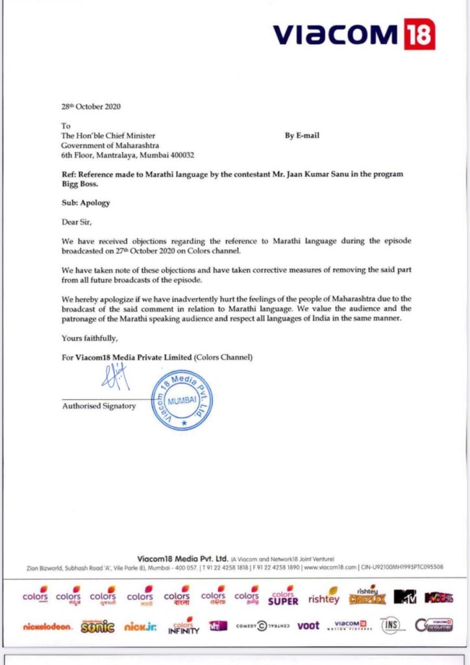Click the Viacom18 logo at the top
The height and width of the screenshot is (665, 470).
pos(353,34)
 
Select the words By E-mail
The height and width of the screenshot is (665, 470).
pos(302,136)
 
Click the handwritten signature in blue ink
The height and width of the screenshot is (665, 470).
pos(116,377)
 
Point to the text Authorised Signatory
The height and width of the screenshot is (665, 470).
pos(99,406)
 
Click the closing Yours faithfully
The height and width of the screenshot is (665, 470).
pos(90,338)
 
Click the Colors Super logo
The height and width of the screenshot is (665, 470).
pos(283,596)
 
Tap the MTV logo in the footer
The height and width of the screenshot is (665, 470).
pos(404,596)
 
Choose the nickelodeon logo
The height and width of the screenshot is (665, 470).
pos(47,627)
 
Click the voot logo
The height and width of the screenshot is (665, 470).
pos(308,626)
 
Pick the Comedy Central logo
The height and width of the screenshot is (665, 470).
pos(261,626)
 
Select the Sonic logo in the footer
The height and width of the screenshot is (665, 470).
pos(97,627)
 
